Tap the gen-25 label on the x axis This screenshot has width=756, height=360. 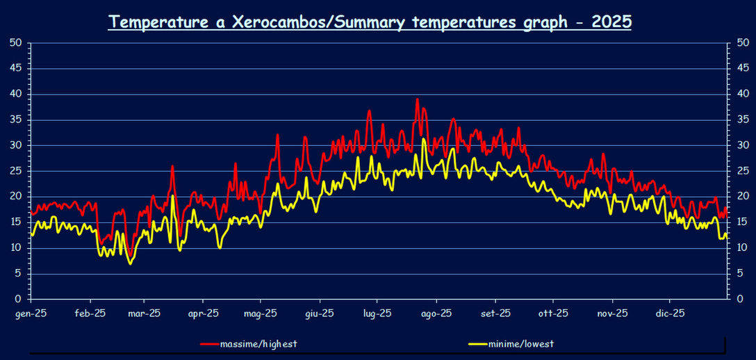click(31, 313)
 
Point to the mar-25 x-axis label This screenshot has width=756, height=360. click(145, 313)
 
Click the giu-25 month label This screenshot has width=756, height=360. click(320, 313)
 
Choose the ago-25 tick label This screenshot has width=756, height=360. click(437, 313)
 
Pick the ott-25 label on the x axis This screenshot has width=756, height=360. click(554, 313)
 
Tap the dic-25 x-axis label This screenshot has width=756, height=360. click(671, 313)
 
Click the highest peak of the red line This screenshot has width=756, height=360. click(417, 99)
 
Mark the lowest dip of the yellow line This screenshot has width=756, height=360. click(130, 263)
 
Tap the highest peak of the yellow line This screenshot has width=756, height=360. click(423, 140)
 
